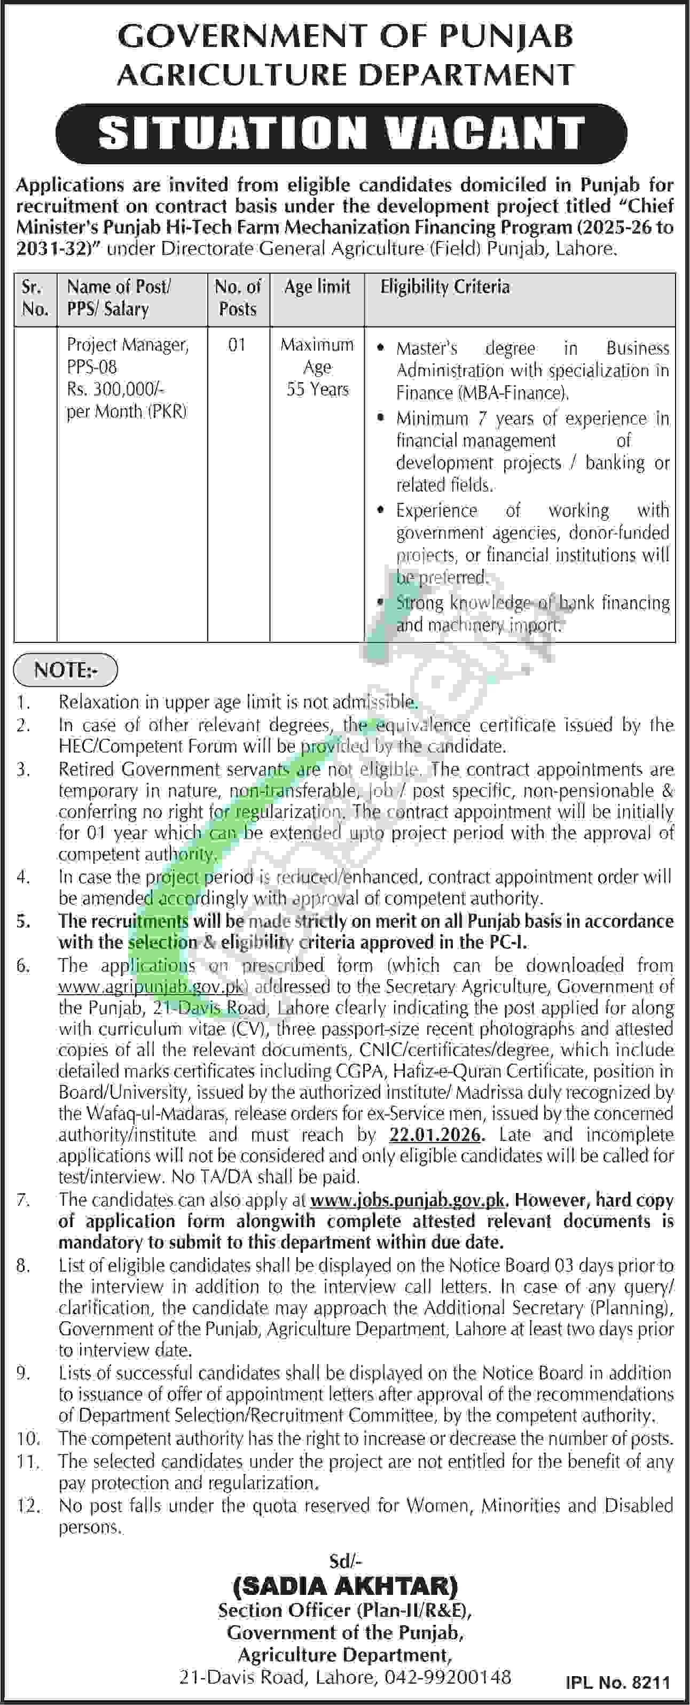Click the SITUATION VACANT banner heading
(x=341, y=133)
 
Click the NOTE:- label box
(x=66, y=670)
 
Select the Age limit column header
(x=317, y=286)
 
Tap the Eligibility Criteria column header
(x=444, y=286)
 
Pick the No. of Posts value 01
(x=237, y=345)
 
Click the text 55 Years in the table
(x=317, y=389)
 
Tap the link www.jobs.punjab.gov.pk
(x=408, y=1200)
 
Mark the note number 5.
(x=24, y=921)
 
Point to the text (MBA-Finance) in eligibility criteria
(x=482, y=393)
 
